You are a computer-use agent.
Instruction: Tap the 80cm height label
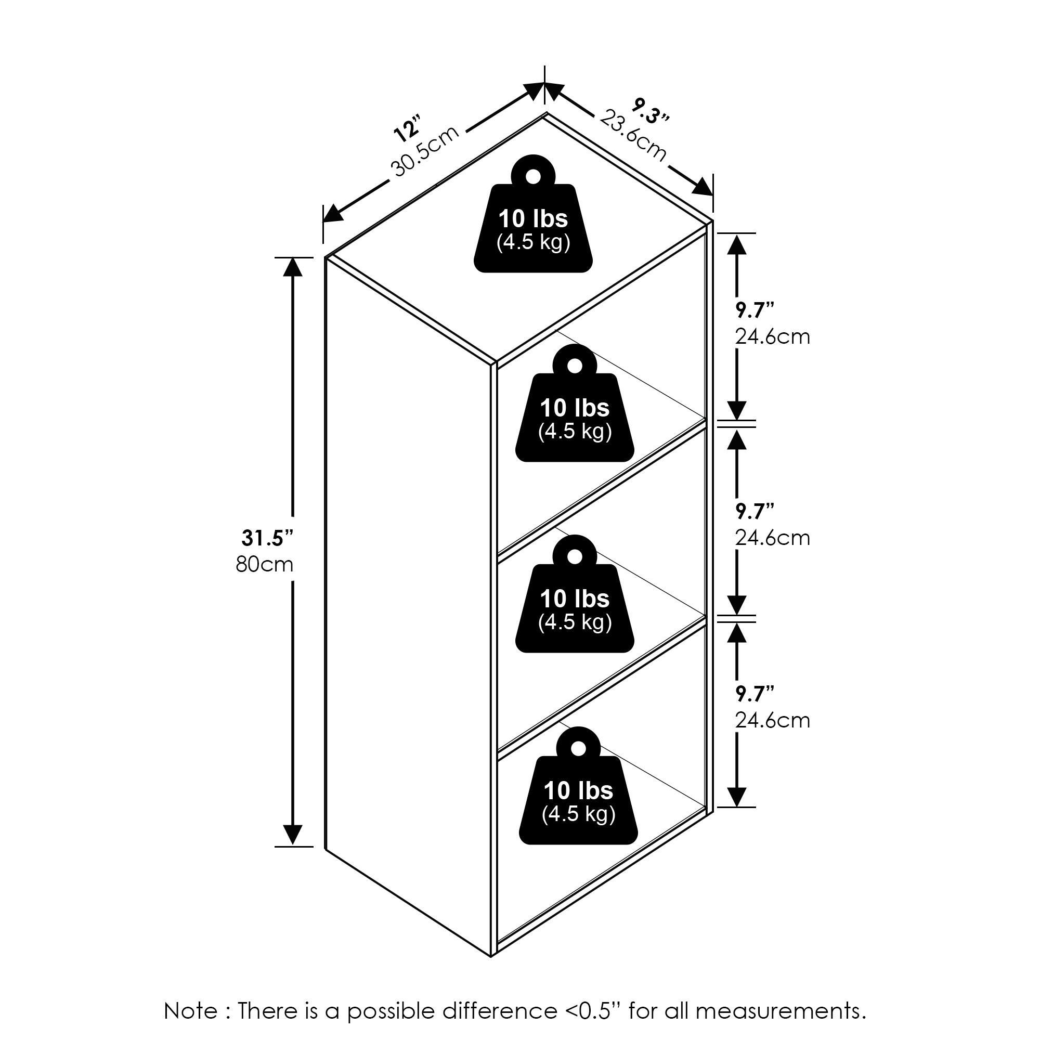(x=264, y=564)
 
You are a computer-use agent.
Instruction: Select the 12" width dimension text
(x=408, y=128)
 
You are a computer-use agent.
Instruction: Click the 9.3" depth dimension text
(x=651, y=111)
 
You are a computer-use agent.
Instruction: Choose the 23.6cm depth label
(x=633, y=135)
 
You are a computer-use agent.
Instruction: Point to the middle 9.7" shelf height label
(x=755, y=511)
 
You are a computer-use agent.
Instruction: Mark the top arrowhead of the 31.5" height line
(x=293, y=266)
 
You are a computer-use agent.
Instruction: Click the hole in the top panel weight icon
(x=533, y=176)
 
